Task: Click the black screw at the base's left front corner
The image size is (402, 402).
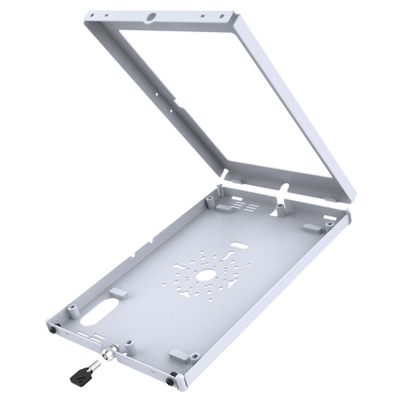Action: pyautogui.click(x=55, y=329)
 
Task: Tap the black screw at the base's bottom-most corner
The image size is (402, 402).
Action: pyautogui.click(x=172, y=381)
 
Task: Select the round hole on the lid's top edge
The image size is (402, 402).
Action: pyautogui.click(x=153, y=15)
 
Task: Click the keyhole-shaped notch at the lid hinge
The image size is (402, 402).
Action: pyautogui.click(x=283, y=188)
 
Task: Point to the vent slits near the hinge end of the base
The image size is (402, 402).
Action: pyautogui.click(x=247, y=206)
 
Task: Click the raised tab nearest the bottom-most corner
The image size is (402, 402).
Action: pyautogui.click(x=178, y=356)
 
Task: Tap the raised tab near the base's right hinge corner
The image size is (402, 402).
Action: pyautogui.click(x=314, y=227)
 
